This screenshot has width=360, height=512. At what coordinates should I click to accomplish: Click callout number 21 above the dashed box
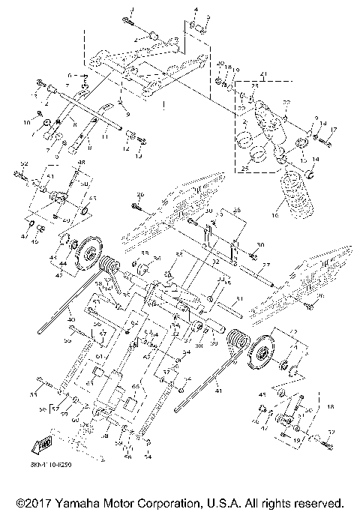tap(263, 74)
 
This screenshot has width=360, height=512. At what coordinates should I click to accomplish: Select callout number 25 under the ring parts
tap(244, 169)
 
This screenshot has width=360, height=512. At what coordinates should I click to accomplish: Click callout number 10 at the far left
tap(27, 121)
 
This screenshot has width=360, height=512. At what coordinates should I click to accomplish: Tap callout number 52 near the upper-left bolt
tap(24, 163)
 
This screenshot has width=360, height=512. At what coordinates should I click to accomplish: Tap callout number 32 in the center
tap(215, 262)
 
